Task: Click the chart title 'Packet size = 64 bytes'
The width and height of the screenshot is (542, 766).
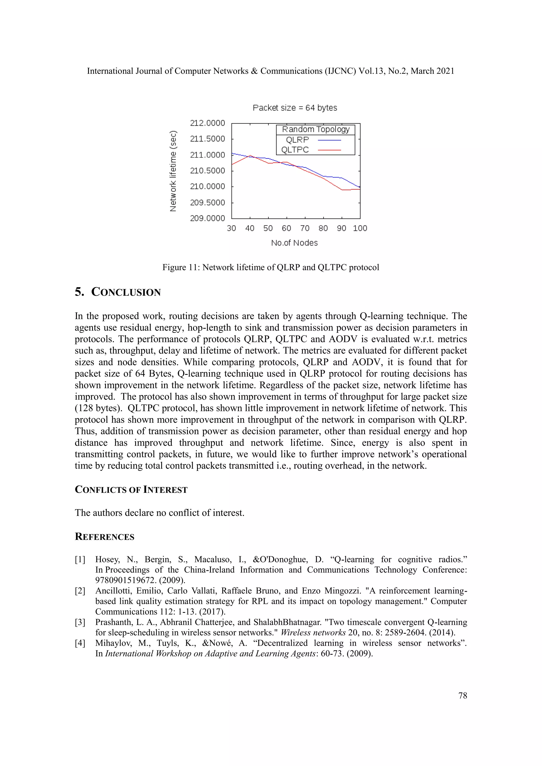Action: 295,108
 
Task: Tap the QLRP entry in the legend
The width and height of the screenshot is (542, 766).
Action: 297,140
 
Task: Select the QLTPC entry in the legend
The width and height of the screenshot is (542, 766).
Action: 295,150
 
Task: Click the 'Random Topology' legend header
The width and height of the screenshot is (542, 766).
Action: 316,129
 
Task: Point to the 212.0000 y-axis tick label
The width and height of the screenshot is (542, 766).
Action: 207,123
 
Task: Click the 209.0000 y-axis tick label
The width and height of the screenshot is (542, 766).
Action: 207,218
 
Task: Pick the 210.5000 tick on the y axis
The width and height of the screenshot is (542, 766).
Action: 207,171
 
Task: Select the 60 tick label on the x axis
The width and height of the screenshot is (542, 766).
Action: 286,228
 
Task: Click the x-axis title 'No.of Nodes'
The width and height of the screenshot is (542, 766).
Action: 294,243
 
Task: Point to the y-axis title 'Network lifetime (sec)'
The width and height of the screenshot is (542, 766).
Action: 173,171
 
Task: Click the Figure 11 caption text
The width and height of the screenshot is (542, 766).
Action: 271,267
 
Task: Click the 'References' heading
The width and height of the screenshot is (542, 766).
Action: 105,536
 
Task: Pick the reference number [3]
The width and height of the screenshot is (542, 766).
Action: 80,622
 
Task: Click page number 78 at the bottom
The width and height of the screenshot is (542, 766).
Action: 463,695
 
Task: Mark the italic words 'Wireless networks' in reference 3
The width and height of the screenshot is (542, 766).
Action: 313,632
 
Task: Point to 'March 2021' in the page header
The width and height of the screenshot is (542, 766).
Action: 432,71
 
